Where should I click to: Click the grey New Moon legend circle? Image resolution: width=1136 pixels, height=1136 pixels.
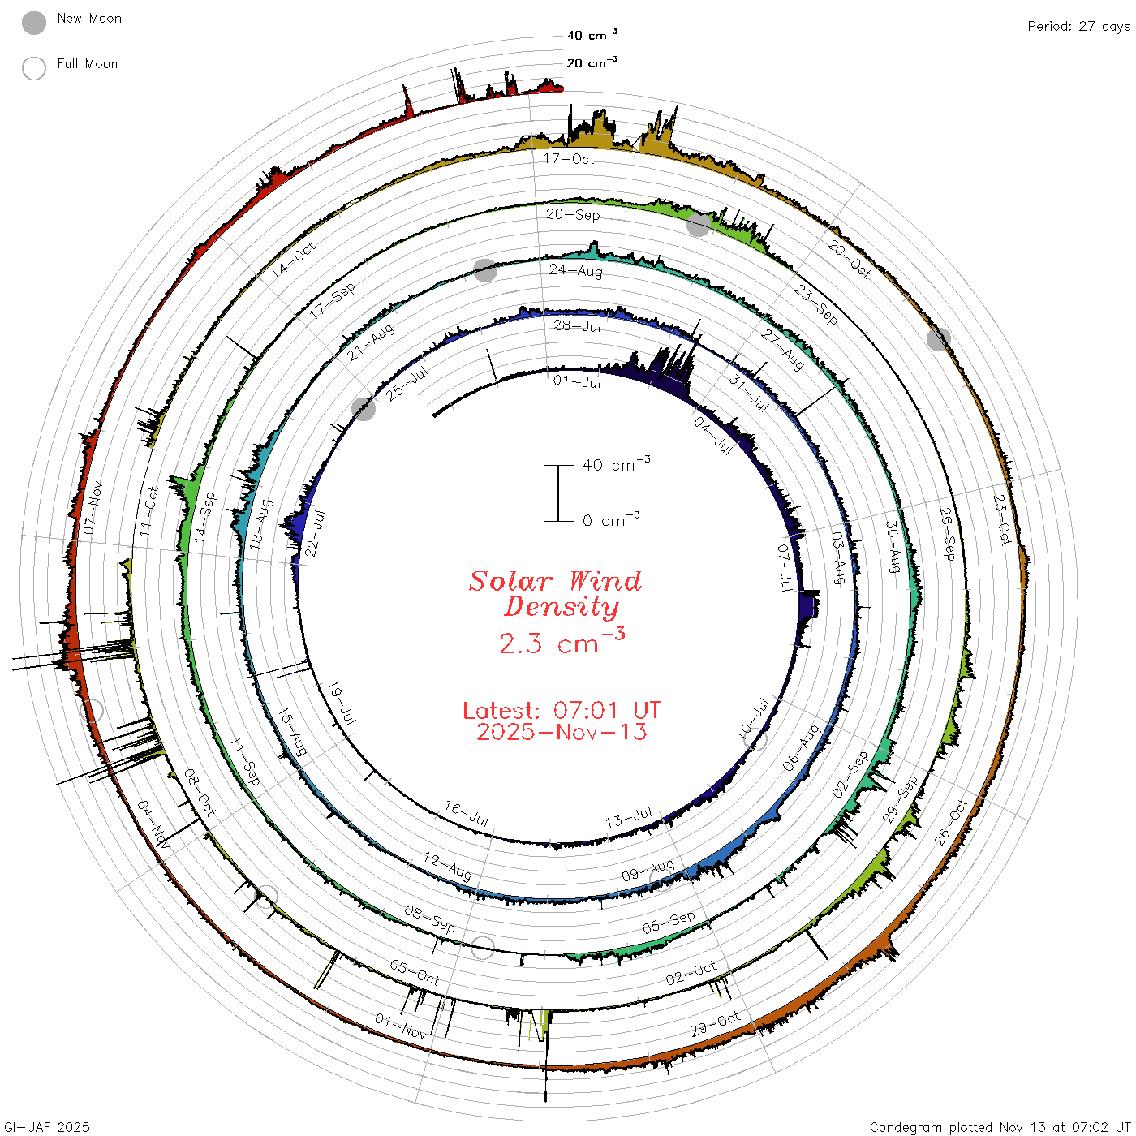pyautogui.click(x=33, y=23)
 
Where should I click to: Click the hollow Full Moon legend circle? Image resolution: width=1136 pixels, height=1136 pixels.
pyautogui.click(x=33, y=68)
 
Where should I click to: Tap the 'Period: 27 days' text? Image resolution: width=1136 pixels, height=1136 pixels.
pyautogui.click(x=1078, y=27)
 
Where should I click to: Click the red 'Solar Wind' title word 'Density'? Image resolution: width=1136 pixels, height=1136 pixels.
pyautogui.click(x=562, y=607)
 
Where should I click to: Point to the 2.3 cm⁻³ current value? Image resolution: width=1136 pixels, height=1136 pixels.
pyautogui.click(x=562, y=641)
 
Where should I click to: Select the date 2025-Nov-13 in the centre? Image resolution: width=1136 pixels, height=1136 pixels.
pyautogui.click(x=562, y=732)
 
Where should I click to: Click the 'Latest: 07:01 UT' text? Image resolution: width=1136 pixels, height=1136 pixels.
pyautogui.click(x=562, y=710)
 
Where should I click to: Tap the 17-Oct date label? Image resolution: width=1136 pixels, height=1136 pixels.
pyautogui.click(x=568, y=158)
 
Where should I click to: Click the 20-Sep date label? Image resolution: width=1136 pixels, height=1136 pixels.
pyautogui.click(x=572, y=214)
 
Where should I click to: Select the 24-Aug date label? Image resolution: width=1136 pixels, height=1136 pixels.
pyautogui.click(x=575, y=270)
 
